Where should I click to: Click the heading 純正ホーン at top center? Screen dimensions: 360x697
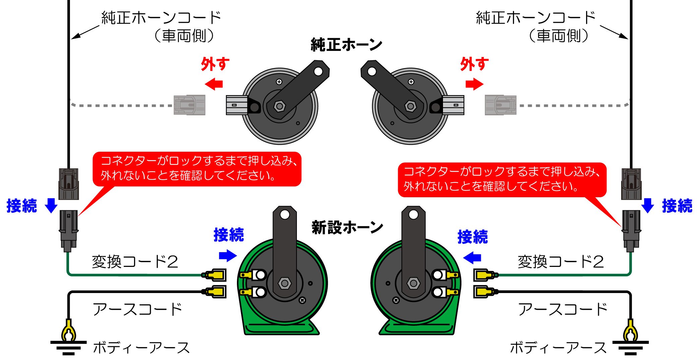tap(346, 45)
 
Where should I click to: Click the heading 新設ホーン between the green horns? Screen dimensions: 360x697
tap(347, 227)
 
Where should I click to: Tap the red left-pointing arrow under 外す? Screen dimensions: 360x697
tap(214, 84)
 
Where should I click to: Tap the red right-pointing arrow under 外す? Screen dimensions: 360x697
tap(474, 84)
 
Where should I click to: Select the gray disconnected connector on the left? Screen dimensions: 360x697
tap(189, 105)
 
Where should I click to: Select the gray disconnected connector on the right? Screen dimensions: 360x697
tap(500, 105)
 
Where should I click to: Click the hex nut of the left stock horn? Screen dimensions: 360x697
tap(279, 106)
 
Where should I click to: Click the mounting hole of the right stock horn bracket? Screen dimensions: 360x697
tap(372, 71)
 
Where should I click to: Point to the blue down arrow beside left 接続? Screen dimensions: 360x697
tap(51, 205)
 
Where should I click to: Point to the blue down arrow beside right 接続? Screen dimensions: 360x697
tap(647, 205)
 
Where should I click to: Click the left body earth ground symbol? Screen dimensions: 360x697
tap(68, 347)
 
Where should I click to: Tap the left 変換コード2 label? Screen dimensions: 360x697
tap(135, 262)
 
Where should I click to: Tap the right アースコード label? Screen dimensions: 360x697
tap(562, 309)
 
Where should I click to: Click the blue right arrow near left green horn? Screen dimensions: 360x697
tap(228, 256)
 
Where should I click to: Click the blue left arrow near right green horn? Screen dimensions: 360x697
tap(472, 258)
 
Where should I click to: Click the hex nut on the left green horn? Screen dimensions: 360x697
tap(284, 283)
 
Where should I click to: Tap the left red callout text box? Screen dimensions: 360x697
tap(197, 169)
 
